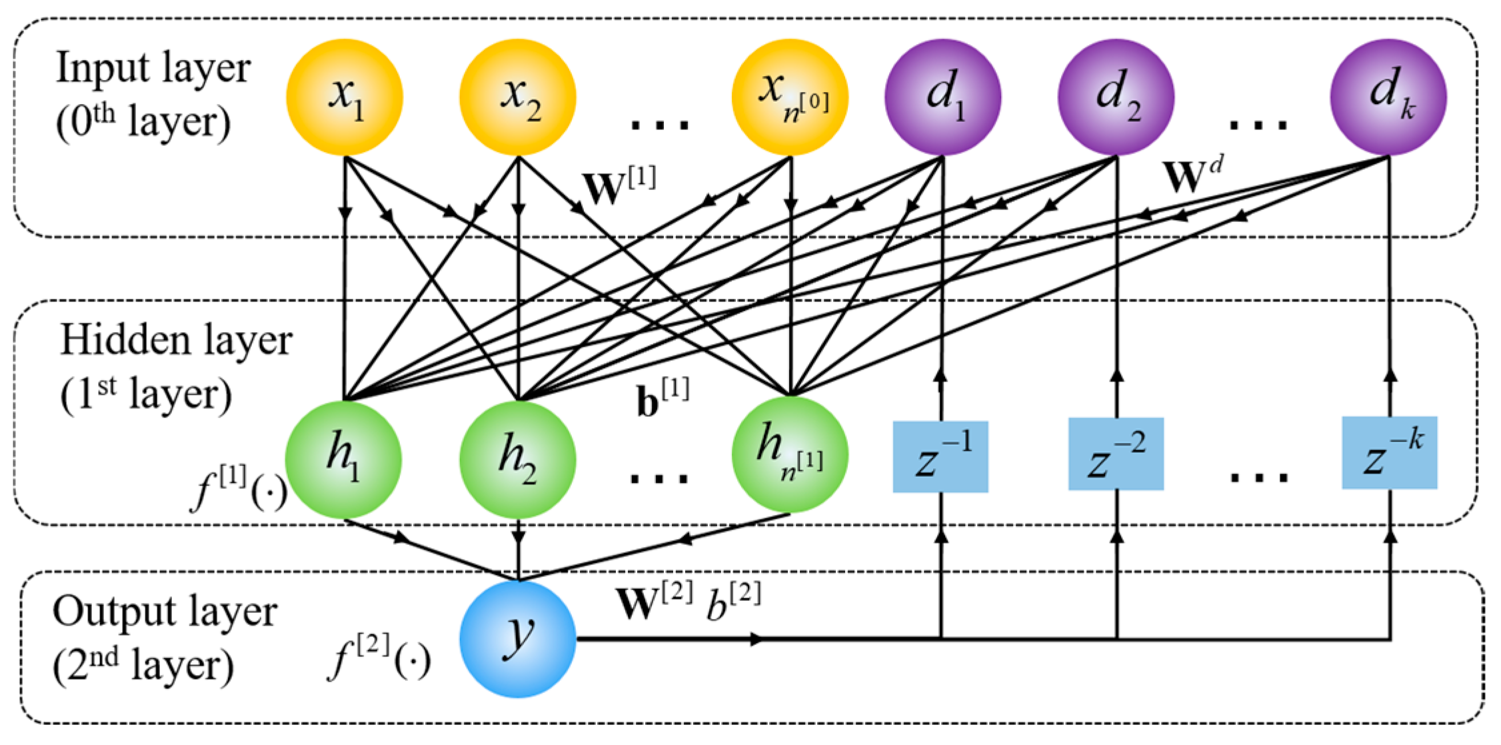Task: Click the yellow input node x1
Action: pos(345,97)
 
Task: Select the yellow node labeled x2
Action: pos(518,97)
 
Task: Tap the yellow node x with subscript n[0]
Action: pos(790,97)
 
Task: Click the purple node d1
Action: pos(942,97)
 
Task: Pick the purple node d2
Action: pos(1116,97)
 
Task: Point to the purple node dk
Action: pos(1388,97)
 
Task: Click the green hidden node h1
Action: pos(343,460)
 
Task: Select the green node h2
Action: pos(518,460)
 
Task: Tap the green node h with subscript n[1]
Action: pos(790,456)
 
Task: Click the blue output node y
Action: pos(518,639)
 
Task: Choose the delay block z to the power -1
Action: pos(940,457)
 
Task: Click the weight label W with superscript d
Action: pos(1192,175)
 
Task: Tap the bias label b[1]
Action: pos(663,399)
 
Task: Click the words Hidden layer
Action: pos(176,340)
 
